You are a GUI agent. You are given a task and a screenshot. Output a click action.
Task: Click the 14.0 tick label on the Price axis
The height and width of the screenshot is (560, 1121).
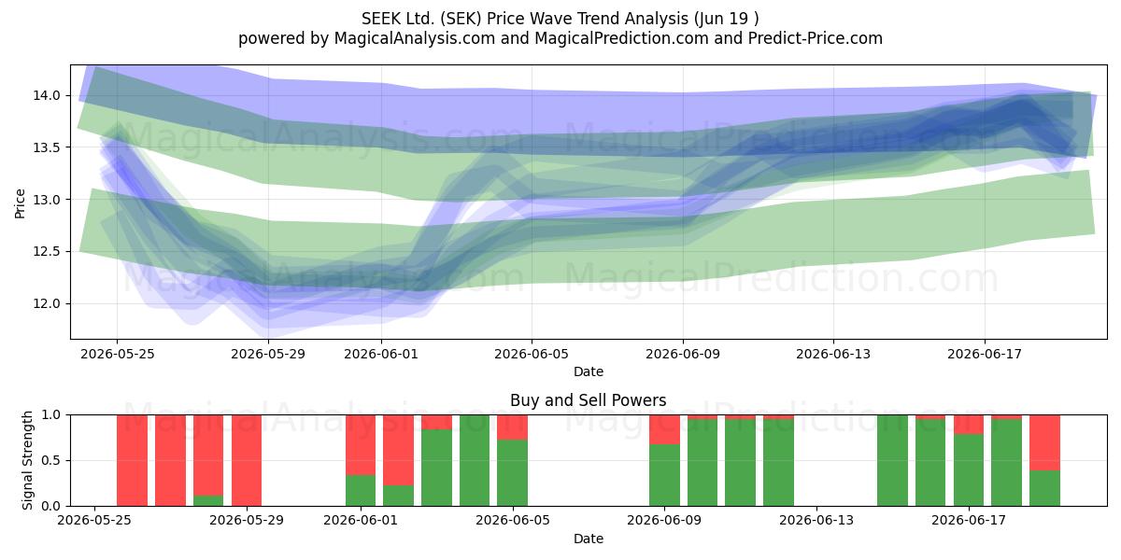(x=47, y=95)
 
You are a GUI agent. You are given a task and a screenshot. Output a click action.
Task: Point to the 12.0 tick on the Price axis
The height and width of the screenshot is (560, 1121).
(x=47, y=303)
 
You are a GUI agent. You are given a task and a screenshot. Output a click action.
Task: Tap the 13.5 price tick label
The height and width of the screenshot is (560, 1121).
(x=47, y=147)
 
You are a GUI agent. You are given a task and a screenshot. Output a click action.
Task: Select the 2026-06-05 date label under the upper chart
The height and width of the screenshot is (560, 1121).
(x=532, y=354)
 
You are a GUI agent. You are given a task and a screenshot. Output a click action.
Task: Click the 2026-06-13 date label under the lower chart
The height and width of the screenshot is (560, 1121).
(x=816, y=520)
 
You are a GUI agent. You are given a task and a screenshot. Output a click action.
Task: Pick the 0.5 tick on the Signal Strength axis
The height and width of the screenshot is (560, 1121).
(x=50, y=460)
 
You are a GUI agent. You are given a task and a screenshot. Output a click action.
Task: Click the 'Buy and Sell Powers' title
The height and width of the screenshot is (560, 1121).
(x=588, y=400)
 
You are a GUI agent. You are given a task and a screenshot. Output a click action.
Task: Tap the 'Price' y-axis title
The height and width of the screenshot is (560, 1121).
(x=20, y=203)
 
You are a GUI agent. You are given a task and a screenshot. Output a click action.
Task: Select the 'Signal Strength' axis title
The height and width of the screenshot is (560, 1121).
(x=27, y=460)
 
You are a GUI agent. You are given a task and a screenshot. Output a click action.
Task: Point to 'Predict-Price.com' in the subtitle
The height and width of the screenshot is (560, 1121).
(x=816, y=38)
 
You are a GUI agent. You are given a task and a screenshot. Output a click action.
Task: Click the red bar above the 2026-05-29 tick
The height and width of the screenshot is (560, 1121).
(x=247, y=460)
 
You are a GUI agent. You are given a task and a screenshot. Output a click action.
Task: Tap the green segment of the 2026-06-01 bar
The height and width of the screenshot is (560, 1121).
(x=361, y=490)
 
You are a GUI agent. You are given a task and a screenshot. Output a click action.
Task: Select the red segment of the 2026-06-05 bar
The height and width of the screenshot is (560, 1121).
(x=513, y=427)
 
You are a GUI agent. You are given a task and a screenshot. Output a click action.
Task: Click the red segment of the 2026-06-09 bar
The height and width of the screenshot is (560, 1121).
(x=664, y=429)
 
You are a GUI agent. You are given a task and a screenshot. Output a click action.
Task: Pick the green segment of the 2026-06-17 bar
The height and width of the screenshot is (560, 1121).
(x=969, y=469)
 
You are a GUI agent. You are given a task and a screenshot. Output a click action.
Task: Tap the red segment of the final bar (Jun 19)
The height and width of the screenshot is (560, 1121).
(x=1044, y=442)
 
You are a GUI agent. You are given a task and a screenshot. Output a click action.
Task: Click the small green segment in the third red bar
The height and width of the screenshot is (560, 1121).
(x=208, y=500)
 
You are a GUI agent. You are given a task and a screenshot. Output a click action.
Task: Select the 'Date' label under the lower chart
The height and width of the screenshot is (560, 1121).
(x=588, y=539)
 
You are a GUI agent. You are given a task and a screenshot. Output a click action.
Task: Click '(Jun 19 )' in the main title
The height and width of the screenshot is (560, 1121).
(x=727, y=19)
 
